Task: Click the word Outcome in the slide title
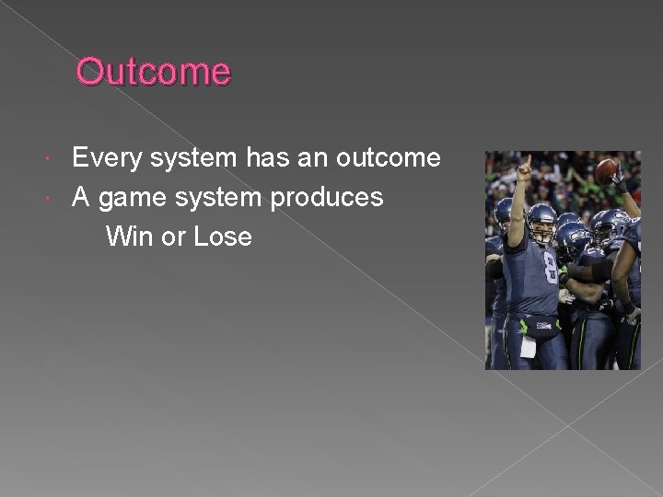153,72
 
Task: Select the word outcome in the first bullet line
388,158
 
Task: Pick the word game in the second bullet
129,197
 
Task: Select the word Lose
223,237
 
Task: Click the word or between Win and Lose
173,237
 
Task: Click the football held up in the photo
606,170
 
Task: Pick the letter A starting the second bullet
81,197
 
